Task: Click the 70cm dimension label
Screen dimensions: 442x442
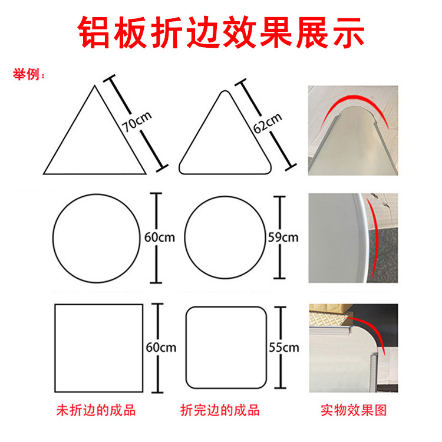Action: tap(137, 122)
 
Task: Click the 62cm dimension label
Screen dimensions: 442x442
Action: tap(267, 123)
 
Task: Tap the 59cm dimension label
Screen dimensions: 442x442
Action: tap(283, 238)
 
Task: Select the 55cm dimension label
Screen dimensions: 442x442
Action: tap(284, 347)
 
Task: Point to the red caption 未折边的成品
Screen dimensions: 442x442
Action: tap(96, 410)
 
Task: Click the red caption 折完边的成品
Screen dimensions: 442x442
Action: tap(220, 410)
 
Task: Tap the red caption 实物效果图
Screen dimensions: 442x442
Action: tap(354, 410)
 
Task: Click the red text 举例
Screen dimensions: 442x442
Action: tap(26, 74)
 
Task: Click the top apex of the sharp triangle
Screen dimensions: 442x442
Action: tap(95, 85)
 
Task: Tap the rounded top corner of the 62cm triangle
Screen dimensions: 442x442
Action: tap(225, 91)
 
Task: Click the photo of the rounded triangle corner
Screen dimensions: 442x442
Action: tap(353, 130)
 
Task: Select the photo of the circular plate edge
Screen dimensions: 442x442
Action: tap(353, 238)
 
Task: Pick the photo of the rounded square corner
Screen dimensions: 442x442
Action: tap(354, 348)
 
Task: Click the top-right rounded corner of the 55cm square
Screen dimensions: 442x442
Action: tap(262, 311)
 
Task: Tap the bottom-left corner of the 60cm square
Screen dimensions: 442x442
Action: tap(55, 392)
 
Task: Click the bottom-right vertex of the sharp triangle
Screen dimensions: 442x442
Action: tap(146, 174)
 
